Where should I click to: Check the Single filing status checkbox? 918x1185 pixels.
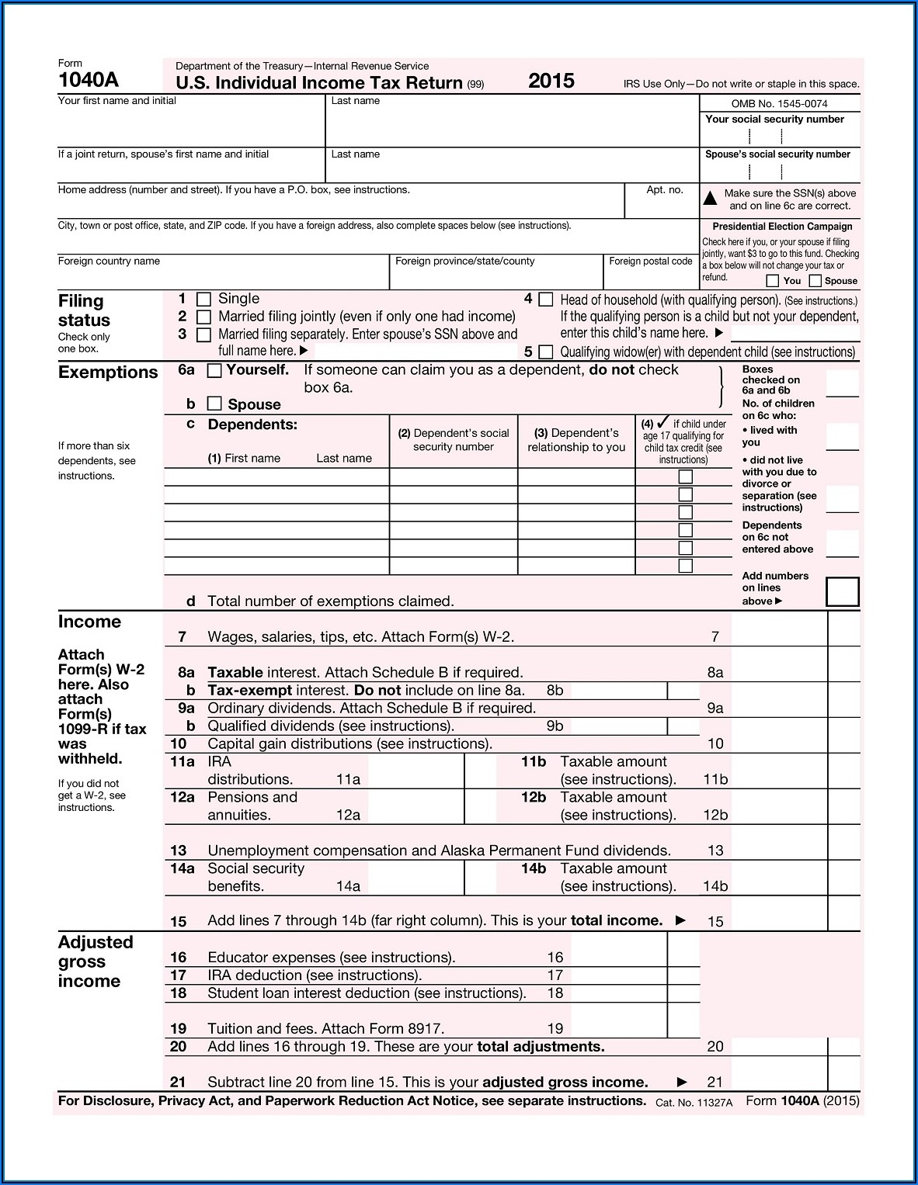click(204, 300)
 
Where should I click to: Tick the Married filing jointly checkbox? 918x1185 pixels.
click(204, 317)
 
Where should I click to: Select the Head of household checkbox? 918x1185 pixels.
click(546, 300)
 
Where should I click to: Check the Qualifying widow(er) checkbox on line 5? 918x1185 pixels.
click(546, 352)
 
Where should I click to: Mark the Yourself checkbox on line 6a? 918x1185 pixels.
click(214, 371)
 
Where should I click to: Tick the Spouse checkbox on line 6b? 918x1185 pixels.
click(214, 404)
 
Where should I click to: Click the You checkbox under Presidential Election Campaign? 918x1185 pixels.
click(772, 281)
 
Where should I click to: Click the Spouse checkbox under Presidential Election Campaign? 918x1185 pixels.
click(815, 281)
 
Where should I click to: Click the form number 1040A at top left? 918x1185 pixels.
click(88, 80)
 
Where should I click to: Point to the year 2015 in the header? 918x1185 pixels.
click(551, 81)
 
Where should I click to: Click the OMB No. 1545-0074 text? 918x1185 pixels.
click(779, 104)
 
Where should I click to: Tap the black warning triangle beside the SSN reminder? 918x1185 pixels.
click(710, 199)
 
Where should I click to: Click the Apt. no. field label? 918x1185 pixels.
click(664, 190)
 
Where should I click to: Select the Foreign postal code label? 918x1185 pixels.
click(650, 262)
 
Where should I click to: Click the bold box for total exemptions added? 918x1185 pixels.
click(843, 592)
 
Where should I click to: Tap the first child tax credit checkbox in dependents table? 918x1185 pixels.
click(685, 477)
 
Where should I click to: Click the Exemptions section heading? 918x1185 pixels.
click(108, 372)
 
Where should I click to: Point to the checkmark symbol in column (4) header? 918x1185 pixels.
click(662, 423)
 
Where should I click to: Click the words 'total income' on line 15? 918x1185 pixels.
click(617, 921)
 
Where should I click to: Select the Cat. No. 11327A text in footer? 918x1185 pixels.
click(694, 1103)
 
